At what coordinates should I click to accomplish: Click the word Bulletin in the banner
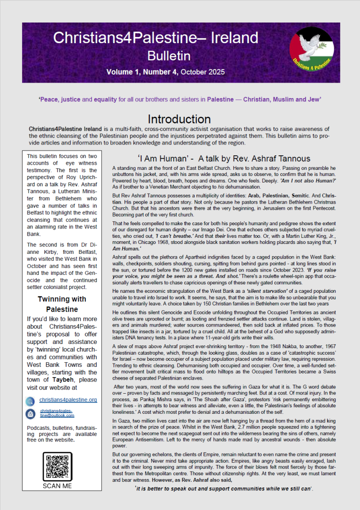click(169, 56)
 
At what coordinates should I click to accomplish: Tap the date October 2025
click(203, 72)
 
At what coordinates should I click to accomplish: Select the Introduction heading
click(179, 119)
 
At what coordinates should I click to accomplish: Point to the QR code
click(57, 466)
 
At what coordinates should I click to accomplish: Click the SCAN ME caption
click(57, 486)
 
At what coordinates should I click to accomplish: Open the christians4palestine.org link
click(68, 400)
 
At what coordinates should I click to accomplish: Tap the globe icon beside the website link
click(30, 400)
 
